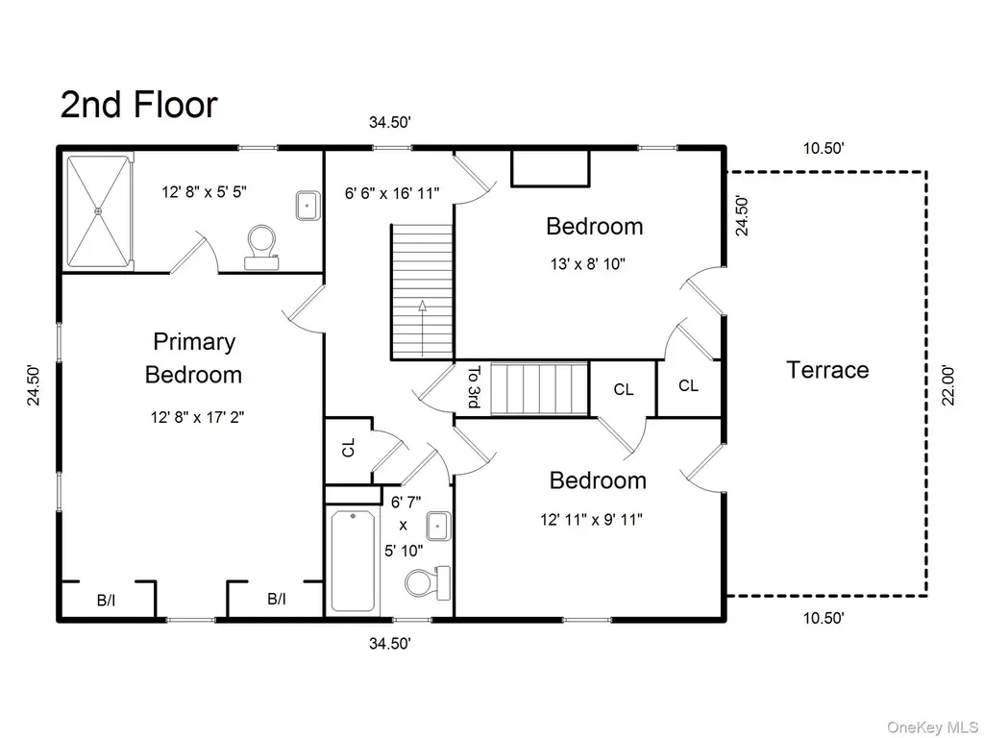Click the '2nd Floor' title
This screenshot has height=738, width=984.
(138, 104)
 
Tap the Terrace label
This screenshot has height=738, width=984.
(827, 370)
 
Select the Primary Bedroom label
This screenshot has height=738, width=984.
(194, 357)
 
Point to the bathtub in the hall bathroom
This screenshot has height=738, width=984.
(353, 560)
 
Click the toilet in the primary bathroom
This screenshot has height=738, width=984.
(261, 247)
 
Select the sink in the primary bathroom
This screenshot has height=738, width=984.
(308, 206)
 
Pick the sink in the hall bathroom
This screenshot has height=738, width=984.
(438, 526)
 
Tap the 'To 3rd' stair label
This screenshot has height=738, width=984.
(475, 386)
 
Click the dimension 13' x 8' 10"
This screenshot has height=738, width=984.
(588, 264)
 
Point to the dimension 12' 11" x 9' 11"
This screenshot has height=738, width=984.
(591, 520)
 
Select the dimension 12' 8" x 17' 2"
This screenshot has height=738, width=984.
(197, 417)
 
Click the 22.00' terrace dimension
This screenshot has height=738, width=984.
(947, 385)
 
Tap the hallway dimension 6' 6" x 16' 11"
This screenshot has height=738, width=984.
(392, 192)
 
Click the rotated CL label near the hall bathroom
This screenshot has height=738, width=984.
(348, 448)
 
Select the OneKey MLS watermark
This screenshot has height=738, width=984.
(932, 726)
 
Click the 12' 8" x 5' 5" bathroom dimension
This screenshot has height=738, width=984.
(204, 191)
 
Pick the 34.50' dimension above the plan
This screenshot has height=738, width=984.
(390, 122)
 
